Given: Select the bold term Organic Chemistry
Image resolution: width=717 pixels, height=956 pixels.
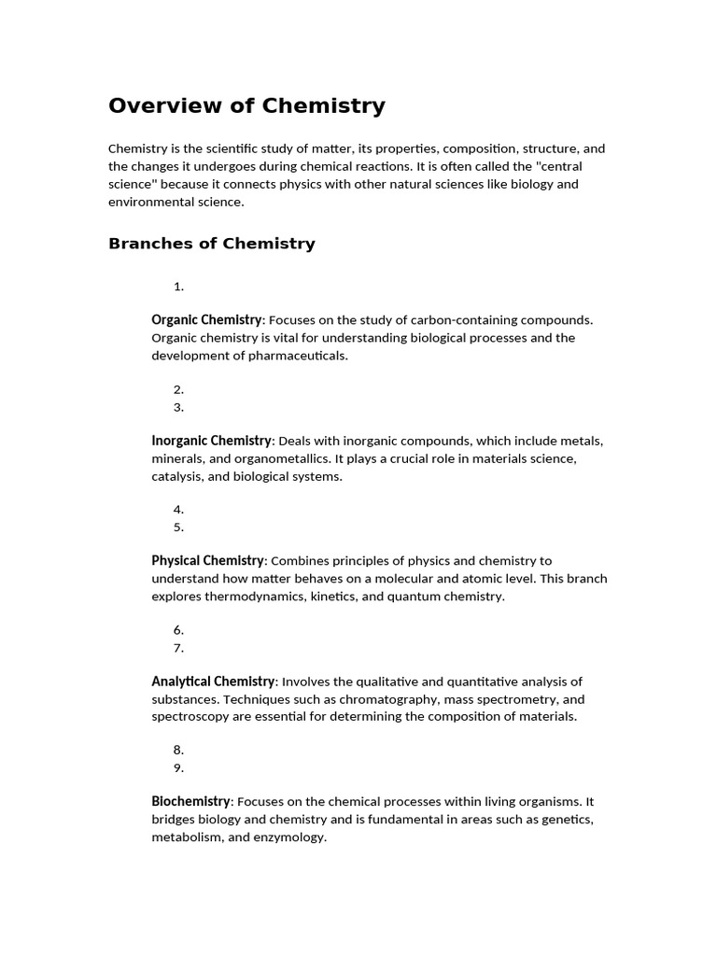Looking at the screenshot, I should (x=206, y=319).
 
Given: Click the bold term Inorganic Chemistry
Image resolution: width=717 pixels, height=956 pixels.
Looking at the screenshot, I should (x=211, y=440).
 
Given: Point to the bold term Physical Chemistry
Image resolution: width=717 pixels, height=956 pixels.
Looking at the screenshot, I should (x=207, y=560).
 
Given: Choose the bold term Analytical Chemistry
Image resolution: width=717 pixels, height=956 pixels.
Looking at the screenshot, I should (x=213, y=682).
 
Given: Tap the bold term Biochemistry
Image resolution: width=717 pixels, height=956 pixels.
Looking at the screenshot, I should (x=190, y=801).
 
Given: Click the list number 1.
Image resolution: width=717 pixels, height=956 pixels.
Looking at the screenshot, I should (x=178, y=287).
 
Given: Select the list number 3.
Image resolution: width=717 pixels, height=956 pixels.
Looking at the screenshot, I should (x=178, y=407).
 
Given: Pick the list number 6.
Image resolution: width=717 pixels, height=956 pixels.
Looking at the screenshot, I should (x=178, y=630).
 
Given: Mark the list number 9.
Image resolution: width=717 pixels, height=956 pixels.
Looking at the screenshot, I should (x=178, y=768).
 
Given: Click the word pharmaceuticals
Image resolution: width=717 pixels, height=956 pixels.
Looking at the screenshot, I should (x=295, y=356).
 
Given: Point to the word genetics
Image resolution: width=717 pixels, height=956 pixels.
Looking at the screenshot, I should (x=565, y=820).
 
